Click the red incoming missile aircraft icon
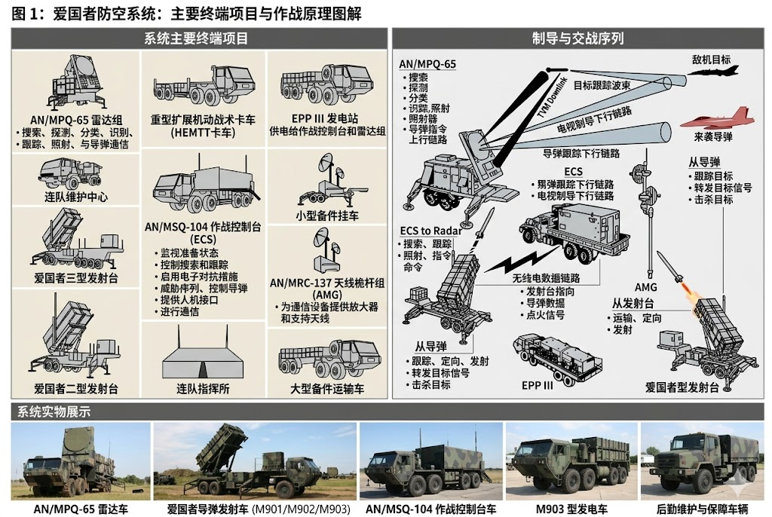pyautogui.click(x=716, y=118)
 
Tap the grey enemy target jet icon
pyautogui.click(x=718, y=74)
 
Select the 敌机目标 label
pyautogui.click(x=711, y=60)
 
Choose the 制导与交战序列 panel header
pyautogui.click(x=578, y=38)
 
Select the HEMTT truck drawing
pyautogui.click(x=203, y=90)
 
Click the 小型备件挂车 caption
pyautogui.click(x=327, y=216)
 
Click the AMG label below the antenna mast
pyautogui.click(x=645, y=286)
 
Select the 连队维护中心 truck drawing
pyautogui.click(x=75, y=173)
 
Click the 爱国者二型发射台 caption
pyautogui.click(x=76, y=389)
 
